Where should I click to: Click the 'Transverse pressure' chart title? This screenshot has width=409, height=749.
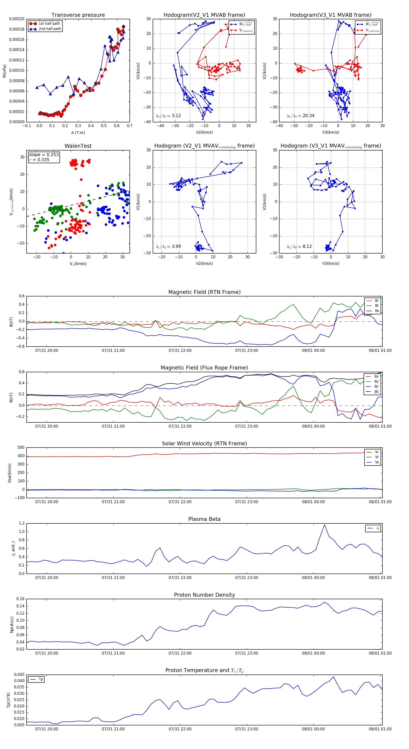point(78,15)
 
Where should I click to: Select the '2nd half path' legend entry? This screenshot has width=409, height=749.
point(50,29)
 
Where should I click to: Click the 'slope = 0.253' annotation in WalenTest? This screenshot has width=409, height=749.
point(44,155)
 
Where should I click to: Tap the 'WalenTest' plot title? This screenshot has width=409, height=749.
point(78,146)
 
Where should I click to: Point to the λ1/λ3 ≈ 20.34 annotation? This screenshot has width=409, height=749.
point(300,116)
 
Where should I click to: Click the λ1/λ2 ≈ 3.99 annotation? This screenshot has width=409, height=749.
point(168,246)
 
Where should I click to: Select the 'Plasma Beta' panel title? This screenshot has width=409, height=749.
point(204,519)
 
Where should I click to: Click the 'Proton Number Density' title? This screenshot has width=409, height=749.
point(204,595)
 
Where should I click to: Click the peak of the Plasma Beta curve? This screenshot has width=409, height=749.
point(324,525)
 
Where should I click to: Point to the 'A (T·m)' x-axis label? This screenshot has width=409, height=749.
point(78,133)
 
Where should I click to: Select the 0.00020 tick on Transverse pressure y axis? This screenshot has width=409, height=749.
point(17,19)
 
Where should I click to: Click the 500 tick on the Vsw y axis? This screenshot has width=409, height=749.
point(21,448)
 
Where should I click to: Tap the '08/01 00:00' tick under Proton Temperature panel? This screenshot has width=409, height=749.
point(313,729)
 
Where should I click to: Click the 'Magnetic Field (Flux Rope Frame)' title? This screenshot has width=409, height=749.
point(204,368)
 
